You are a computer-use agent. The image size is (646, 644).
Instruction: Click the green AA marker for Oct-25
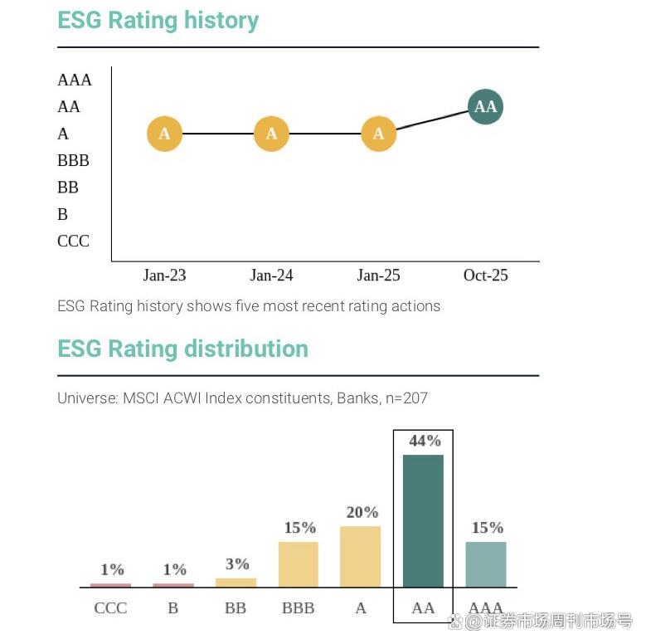pyautogui.click(x=485, y=107)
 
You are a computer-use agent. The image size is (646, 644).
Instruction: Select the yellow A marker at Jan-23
pyautogui.click(x=164, y=134)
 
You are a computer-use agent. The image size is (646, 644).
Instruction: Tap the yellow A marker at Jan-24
pyautogui.click(x=271, y=134)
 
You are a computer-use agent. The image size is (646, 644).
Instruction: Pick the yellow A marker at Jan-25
pyautogui.click(x=379, y=134)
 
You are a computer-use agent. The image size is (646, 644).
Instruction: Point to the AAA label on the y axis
pyautogui.click(x=75, y=80)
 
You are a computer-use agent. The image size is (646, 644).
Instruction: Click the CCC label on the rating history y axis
pyautogui.click(x=73, y=242)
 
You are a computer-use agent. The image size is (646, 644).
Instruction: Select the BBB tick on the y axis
pyautogui.click(x=73, y=161)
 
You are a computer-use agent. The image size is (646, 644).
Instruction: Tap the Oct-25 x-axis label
pyautogui.click(x=485, y=276)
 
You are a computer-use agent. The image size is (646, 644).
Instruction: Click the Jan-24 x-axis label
pyautogui.click(x=271, y=276)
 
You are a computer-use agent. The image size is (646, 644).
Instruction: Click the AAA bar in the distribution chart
pyautogui.click(x=486, y=564)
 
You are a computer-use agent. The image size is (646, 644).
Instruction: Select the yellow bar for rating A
pyautogui.click(x=361, y=556)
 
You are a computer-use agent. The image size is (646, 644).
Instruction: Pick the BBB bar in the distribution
pyautogui.click(x=299, y=564)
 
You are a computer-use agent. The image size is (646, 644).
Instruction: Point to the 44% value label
pyautogui.click(x=425, y=442)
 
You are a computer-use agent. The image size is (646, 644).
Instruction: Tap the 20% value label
pyautogui.click(x=362, y=513)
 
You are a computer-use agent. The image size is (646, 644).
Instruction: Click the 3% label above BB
pyautogui.click(x=237, y=564)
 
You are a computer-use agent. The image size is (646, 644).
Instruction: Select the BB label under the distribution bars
pyautogui.click(x=236, y=608)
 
